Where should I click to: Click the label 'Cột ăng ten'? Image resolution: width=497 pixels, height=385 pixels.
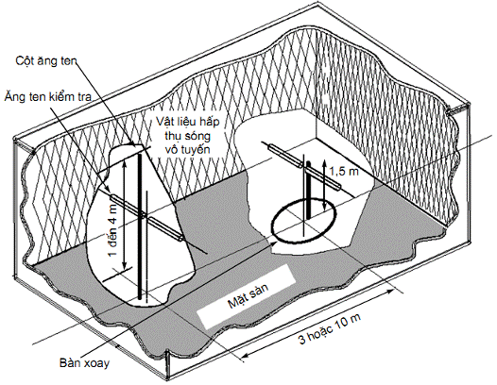click(x=46, y=60)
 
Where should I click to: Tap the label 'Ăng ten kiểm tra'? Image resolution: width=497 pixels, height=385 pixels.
click(x=48, y=96)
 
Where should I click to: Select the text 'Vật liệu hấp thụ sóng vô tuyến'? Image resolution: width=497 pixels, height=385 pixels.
click(x=188, y=136)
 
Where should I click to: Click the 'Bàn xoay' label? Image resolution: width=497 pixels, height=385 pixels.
click(x=84, y=363)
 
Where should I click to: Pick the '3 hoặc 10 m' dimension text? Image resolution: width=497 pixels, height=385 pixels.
click(x=330, y=329)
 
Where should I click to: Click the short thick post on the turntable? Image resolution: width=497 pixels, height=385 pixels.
click(x=309, y=190)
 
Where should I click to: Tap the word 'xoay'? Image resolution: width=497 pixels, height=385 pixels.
click(x=96, y=363)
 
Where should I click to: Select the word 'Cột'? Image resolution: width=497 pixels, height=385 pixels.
click(x=24, y=60)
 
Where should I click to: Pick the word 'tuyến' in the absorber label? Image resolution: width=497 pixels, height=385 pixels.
click(x=197, y=149)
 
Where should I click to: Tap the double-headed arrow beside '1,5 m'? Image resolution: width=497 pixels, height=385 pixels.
click(x=324, y=185)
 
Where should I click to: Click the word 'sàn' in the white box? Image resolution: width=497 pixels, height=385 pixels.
click(x=260, y=289)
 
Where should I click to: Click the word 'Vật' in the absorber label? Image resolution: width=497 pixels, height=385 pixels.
click(x=163, y=122)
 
